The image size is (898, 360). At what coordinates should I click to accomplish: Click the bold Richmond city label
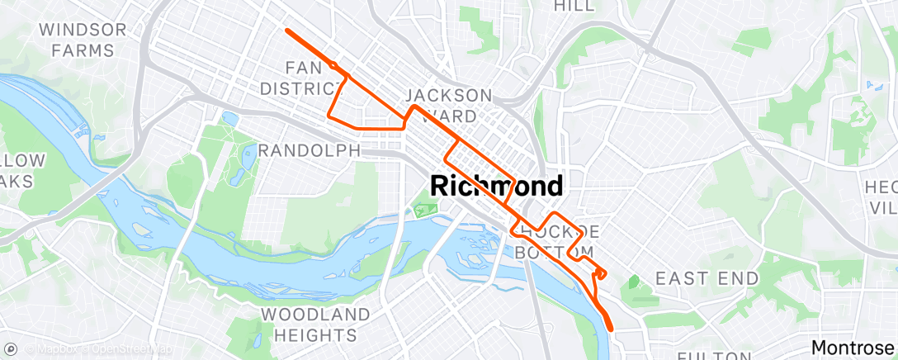tap(497, 186)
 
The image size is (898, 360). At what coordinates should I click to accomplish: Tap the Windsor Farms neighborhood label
tap(83, 40)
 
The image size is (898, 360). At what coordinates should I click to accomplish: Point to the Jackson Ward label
tap(449, 105)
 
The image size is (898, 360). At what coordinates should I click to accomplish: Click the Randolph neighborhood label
tap(310, 151)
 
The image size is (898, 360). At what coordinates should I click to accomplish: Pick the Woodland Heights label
tap(316, 324)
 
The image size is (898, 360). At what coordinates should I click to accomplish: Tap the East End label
tap(707, 278)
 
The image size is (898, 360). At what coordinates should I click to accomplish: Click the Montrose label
tap(854, 347)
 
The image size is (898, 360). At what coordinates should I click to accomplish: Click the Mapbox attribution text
tap(56, 348)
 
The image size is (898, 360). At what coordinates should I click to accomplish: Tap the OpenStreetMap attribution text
tap(132, 348)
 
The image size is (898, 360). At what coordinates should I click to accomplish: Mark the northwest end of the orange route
tap(286, 30)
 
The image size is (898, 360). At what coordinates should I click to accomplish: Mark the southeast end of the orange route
tap(612, 329)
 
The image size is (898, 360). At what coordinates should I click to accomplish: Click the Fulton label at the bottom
tap(711, 355)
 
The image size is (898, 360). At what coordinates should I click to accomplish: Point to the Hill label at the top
tap(574, 6)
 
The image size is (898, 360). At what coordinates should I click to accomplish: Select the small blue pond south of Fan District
tap(229, 119)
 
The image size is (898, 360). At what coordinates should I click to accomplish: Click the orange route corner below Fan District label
tap(331, 115)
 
